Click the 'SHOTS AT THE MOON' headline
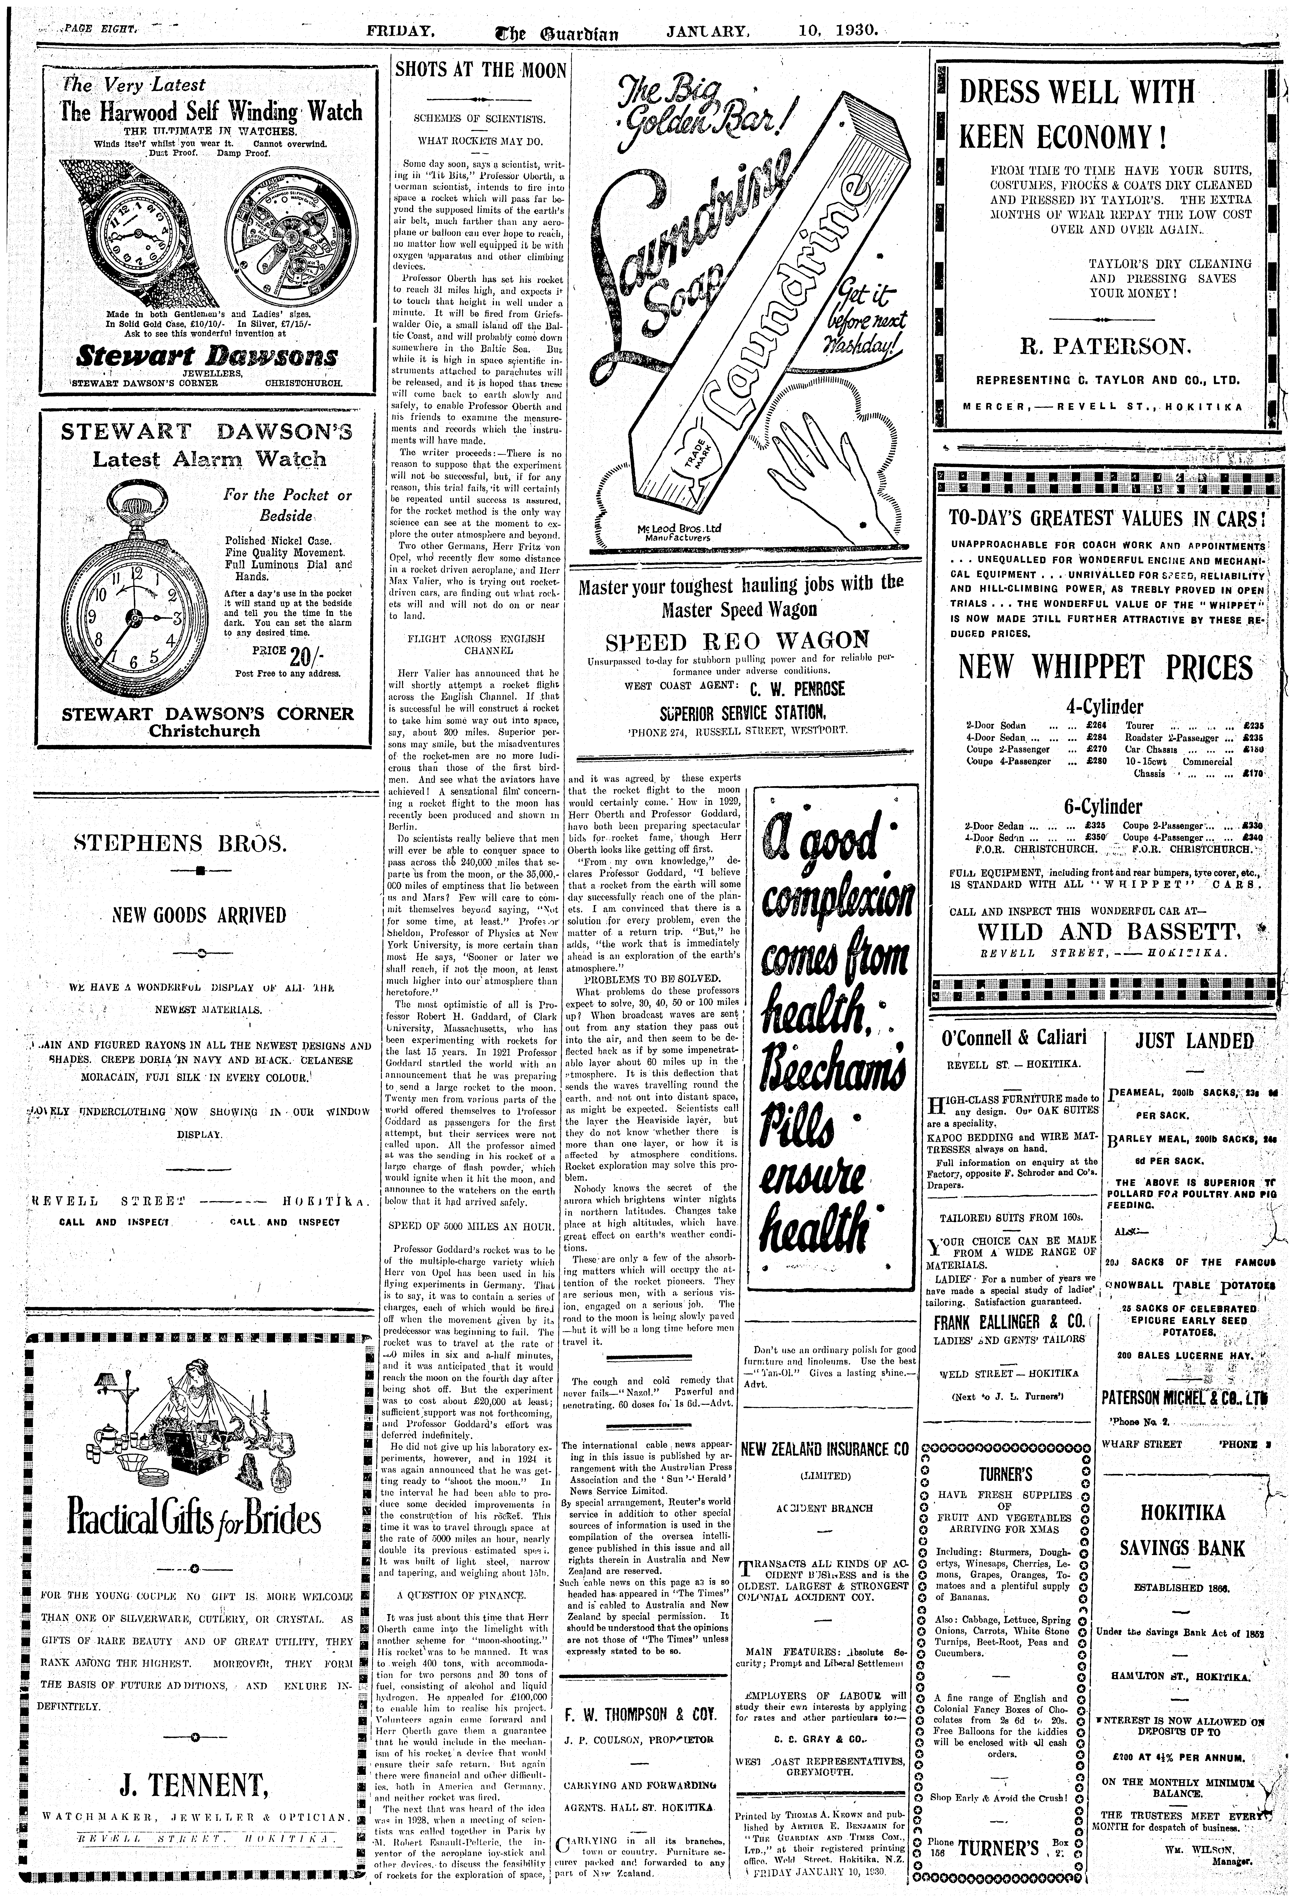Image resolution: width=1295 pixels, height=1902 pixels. click(x=480, y=70)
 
